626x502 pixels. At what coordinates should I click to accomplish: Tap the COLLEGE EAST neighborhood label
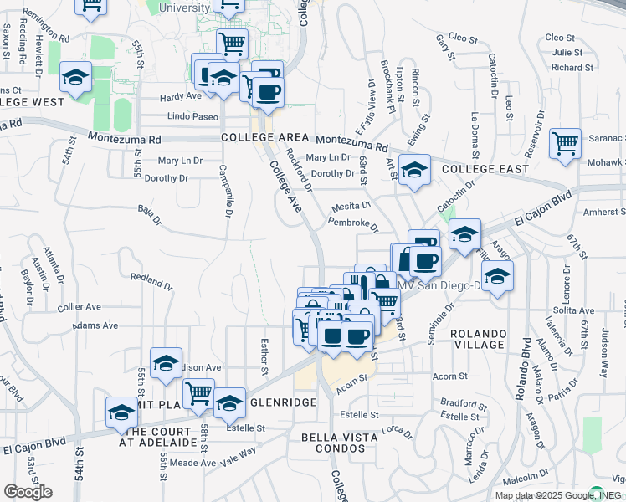click(485, 168)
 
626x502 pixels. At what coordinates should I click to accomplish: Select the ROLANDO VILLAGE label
click(479, 339)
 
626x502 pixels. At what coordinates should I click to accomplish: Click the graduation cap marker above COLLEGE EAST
click(413, 170)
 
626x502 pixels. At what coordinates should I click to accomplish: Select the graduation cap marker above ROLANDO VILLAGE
click(497, 275)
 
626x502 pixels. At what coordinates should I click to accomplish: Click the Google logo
click(28, 492)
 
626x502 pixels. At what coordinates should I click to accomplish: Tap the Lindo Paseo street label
click(192, 117)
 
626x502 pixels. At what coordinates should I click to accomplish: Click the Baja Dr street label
click(150, 216)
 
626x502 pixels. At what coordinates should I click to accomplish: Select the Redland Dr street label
click(151, 280)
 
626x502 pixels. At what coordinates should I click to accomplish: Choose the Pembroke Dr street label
click(353, 224)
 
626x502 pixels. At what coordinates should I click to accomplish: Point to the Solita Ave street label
click(574, 310)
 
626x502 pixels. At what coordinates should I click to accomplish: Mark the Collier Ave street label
click(80, 306)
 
